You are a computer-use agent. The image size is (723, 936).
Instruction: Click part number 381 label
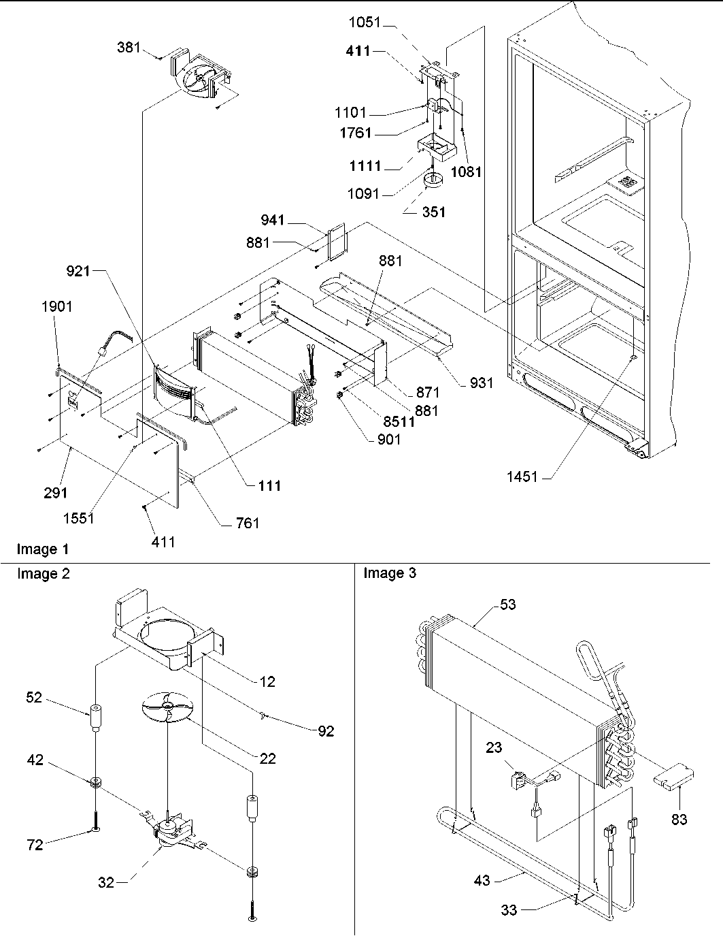click(129, 48)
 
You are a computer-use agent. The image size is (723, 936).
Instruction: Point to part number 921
click(78, 272)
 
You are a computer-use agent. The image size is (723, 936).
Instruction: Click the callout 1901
click(56, 307)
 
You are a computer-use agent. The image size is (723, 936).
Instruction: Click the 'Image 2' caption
click(43, 574)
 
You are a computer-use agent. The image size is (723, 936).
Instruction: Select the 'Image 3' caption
click(390, 573)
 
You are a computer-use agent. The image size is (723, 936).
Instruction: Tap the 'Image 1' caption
click(43, 549)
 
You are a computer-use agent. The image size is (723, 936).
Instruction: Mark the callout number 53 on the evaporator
click(507, 604)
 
